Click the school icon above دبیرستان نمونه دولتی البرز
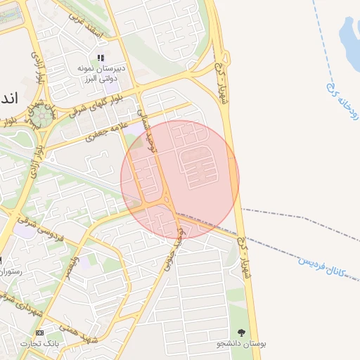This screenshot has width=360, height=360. pos(101,58)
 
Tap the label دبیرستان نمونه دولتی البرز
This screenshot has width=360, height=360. pos(101,72)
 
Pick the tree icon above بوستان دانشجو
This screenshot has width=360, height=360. pos(242,332)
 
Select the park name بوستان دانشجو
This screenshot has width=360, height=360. pos(242,344)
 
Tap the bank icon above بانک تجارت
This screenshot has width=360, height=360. pos(39,332)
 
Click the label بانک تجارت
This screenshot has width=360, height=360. pos(41,344)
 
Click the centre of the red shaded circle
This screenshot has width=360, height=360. pos(180,179)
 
